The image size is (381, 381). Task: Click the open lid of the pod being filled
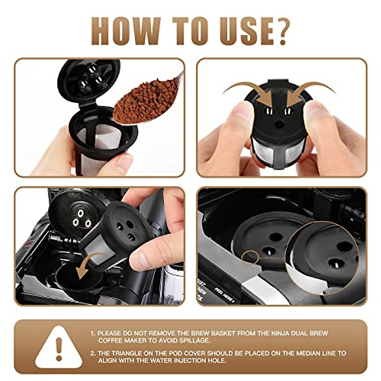[x=89, y=79]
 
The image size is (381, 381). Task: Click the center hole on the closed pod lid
[x=279, y=124]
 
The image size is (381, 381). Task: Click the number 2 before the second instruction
[x=92, y=353]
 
